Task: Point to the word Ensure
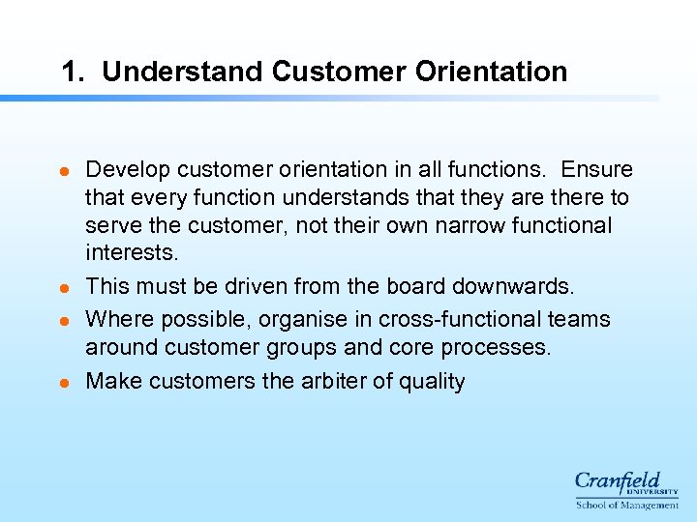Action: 597,170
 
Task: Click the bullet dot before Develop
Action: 64,171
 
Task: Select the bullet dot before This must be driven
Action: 64,288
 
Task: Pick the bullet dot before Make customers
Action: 64,383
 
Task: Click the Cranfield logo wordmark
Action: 619,482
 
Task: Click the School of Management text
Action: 627,505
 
